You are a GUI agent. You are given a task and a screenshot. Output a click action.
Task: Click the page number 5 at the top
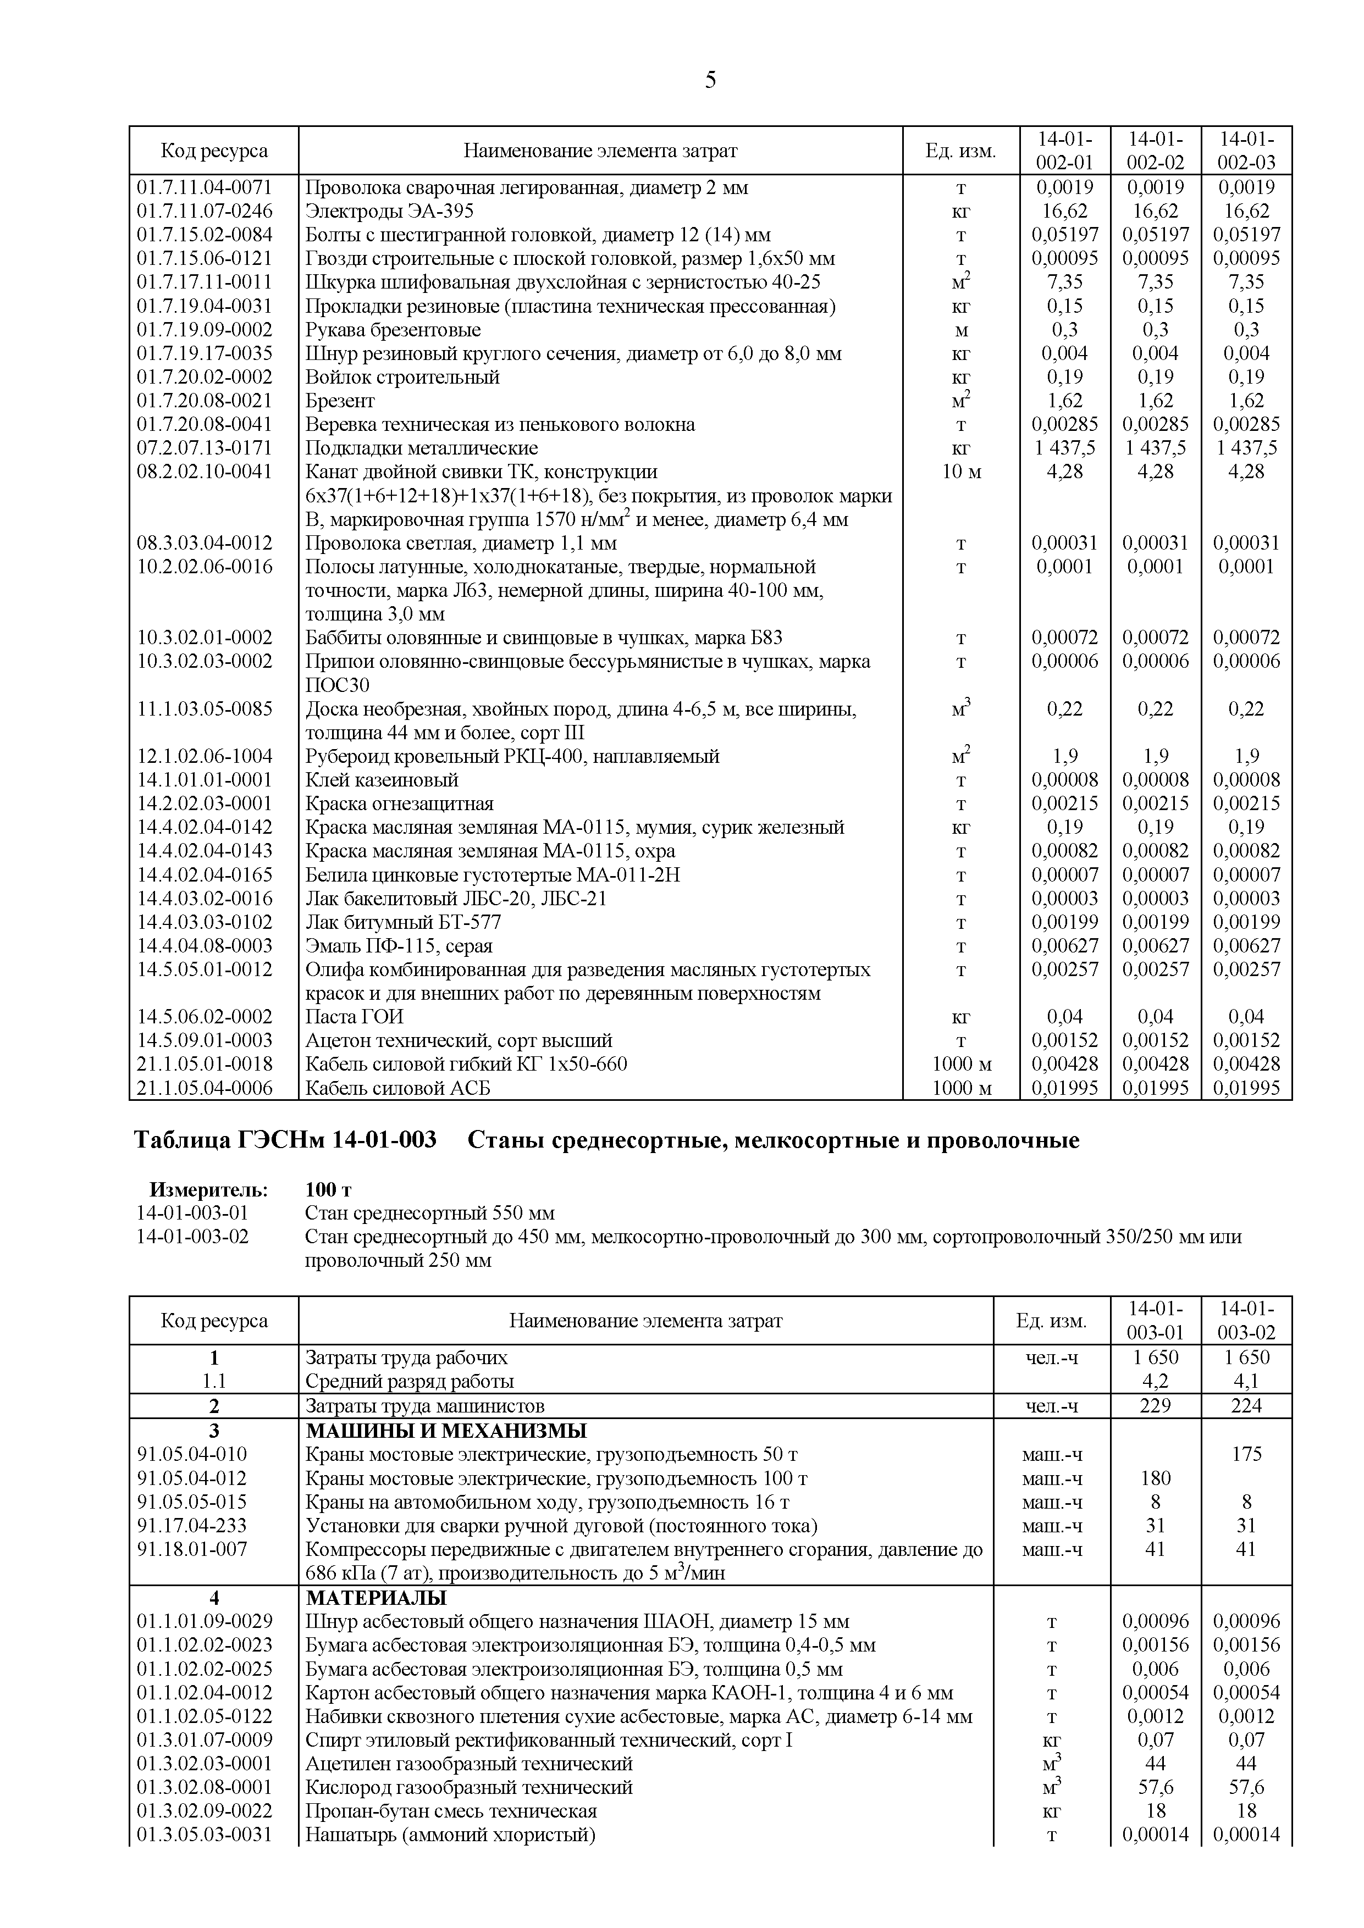[710, 81]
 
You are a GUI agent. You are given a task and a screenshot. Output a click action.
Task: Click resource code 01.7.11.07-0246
[205, 210]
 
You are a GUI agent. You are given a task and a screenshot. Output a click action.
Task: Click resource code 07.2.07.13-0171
[205, 447]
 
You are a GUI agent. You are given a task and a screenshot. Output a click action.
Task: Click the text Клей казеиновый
[382, 780]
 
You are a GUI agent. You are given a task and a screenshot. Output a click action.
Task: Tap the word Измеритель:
[208, 1190]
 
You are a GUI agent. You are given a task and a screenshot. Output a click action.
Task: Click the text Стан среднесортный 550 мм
[429, 1214]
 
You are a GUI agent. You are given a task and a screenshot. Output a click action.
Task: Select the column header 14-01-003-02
[1246, 1321]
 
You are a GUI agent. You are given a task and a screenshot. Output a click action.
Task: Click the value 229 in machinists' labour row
[1155, 1406]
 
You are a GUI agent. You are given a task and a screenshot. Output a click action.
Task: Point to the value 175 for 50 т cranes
[1246, 1454]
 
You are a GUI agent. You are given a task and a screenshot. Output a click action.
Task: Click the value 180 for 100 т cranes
[1155, 1478]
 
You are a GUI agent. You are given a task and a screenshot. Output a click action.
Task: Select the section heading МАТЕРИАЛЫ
[375, 1597]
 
